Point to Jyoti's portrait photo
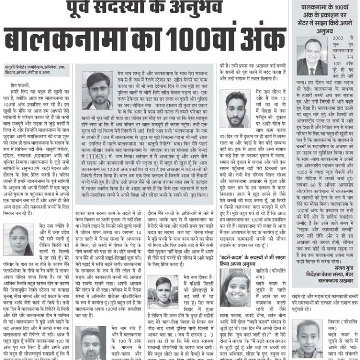tap(18, 240)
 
